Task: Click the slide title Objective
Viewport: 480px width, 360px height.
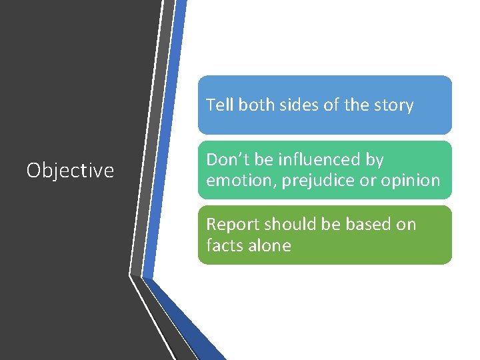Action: (x=70, y=171)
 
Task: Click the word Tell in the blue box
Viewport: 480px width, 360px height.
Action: (x=218, y=105)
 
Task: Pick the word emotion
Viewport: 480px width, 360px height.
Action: (x=235, y=180)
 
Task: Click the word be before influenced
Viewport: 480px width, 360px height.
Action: (x=263, y=160)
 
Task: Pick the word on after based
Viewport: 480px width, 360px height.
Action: (x=406, y=224)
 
